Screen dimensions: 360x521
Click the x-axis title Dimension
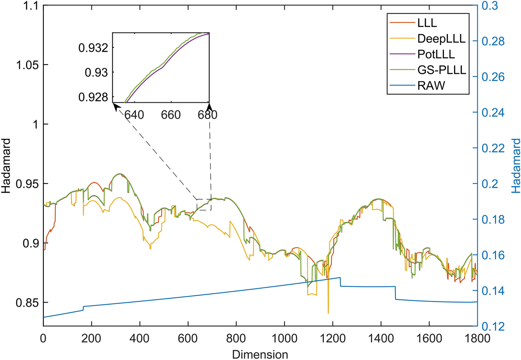pos(260,354)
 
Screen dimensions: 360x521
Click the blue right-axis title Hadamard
pos(516,165)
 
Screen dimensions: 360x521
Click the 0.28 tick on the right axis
pos(490,41)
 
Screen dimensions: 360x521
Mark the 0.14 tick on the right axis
pos(490,291)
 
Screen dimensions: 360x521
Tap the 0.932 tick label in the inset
pos(94,48)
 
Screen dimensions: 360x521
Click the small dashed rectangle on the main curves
pos(204,204)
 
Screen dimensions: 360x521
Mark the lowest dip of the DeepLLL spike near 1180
pos(328,313)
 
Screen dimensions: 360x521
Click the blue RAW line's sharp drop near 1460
pos(395,293)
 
